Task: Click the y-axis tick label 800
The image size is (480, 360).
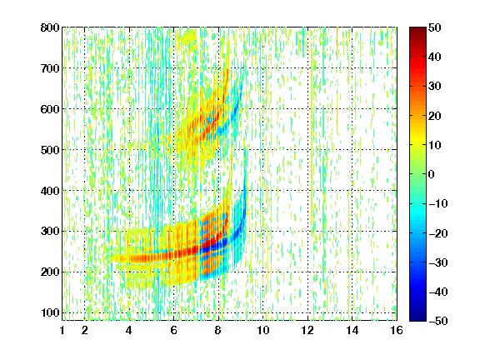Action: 50,27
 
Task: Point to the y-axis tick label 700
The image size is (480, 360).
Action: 50,68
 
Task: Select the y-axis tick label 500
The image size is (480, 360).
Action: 50,150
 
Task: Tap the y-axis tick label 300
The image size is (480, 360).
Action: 50,231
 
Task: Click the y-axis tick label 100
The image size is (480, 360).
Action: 50,312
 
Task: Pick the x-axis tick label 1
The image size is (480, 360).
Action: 62,330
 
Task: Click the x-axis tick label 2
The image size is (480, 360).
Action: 85,330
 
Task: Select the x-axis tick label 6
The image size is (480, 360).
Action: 174,330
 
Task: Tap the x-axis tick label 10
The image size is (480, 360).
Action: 263,330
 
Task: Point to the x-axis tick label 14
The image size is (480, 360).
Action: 352,330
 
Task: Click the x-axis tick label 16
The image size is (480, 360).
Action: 397,330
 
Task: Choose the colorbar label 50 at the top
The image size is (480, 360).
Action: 435,27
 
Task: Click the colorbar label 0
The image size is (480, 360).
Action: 432,174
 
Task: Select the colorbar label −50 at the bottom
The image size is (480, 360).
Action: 438,321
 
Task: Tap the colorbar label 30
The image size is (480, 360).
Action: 435,87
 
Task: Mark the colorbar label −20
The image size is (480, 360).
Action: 438,233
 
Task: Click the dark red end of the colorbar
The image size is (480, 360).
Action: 417,30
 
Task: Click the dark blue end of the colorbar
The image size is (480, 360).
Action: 417,318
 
